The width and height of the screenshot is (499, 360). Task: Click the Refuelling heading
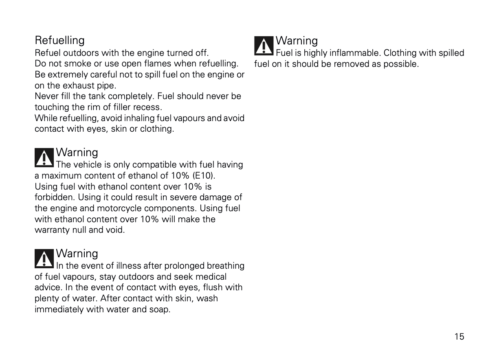[59, 40]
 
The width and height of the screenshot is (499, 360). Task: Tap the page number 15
[459, 337]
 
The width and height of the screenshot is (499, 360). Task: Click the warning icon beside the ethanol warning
[44, 158]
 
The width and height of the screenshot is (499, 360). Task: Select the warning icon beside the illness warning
[44, 259]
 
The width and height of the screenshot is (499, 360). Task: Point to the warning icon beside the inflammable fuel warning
[264, 46]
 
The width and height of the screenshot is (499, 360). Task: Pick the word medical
[210, 277]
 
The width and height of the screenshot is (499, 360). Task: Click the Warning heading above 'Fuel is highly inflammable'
[297, 41]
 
